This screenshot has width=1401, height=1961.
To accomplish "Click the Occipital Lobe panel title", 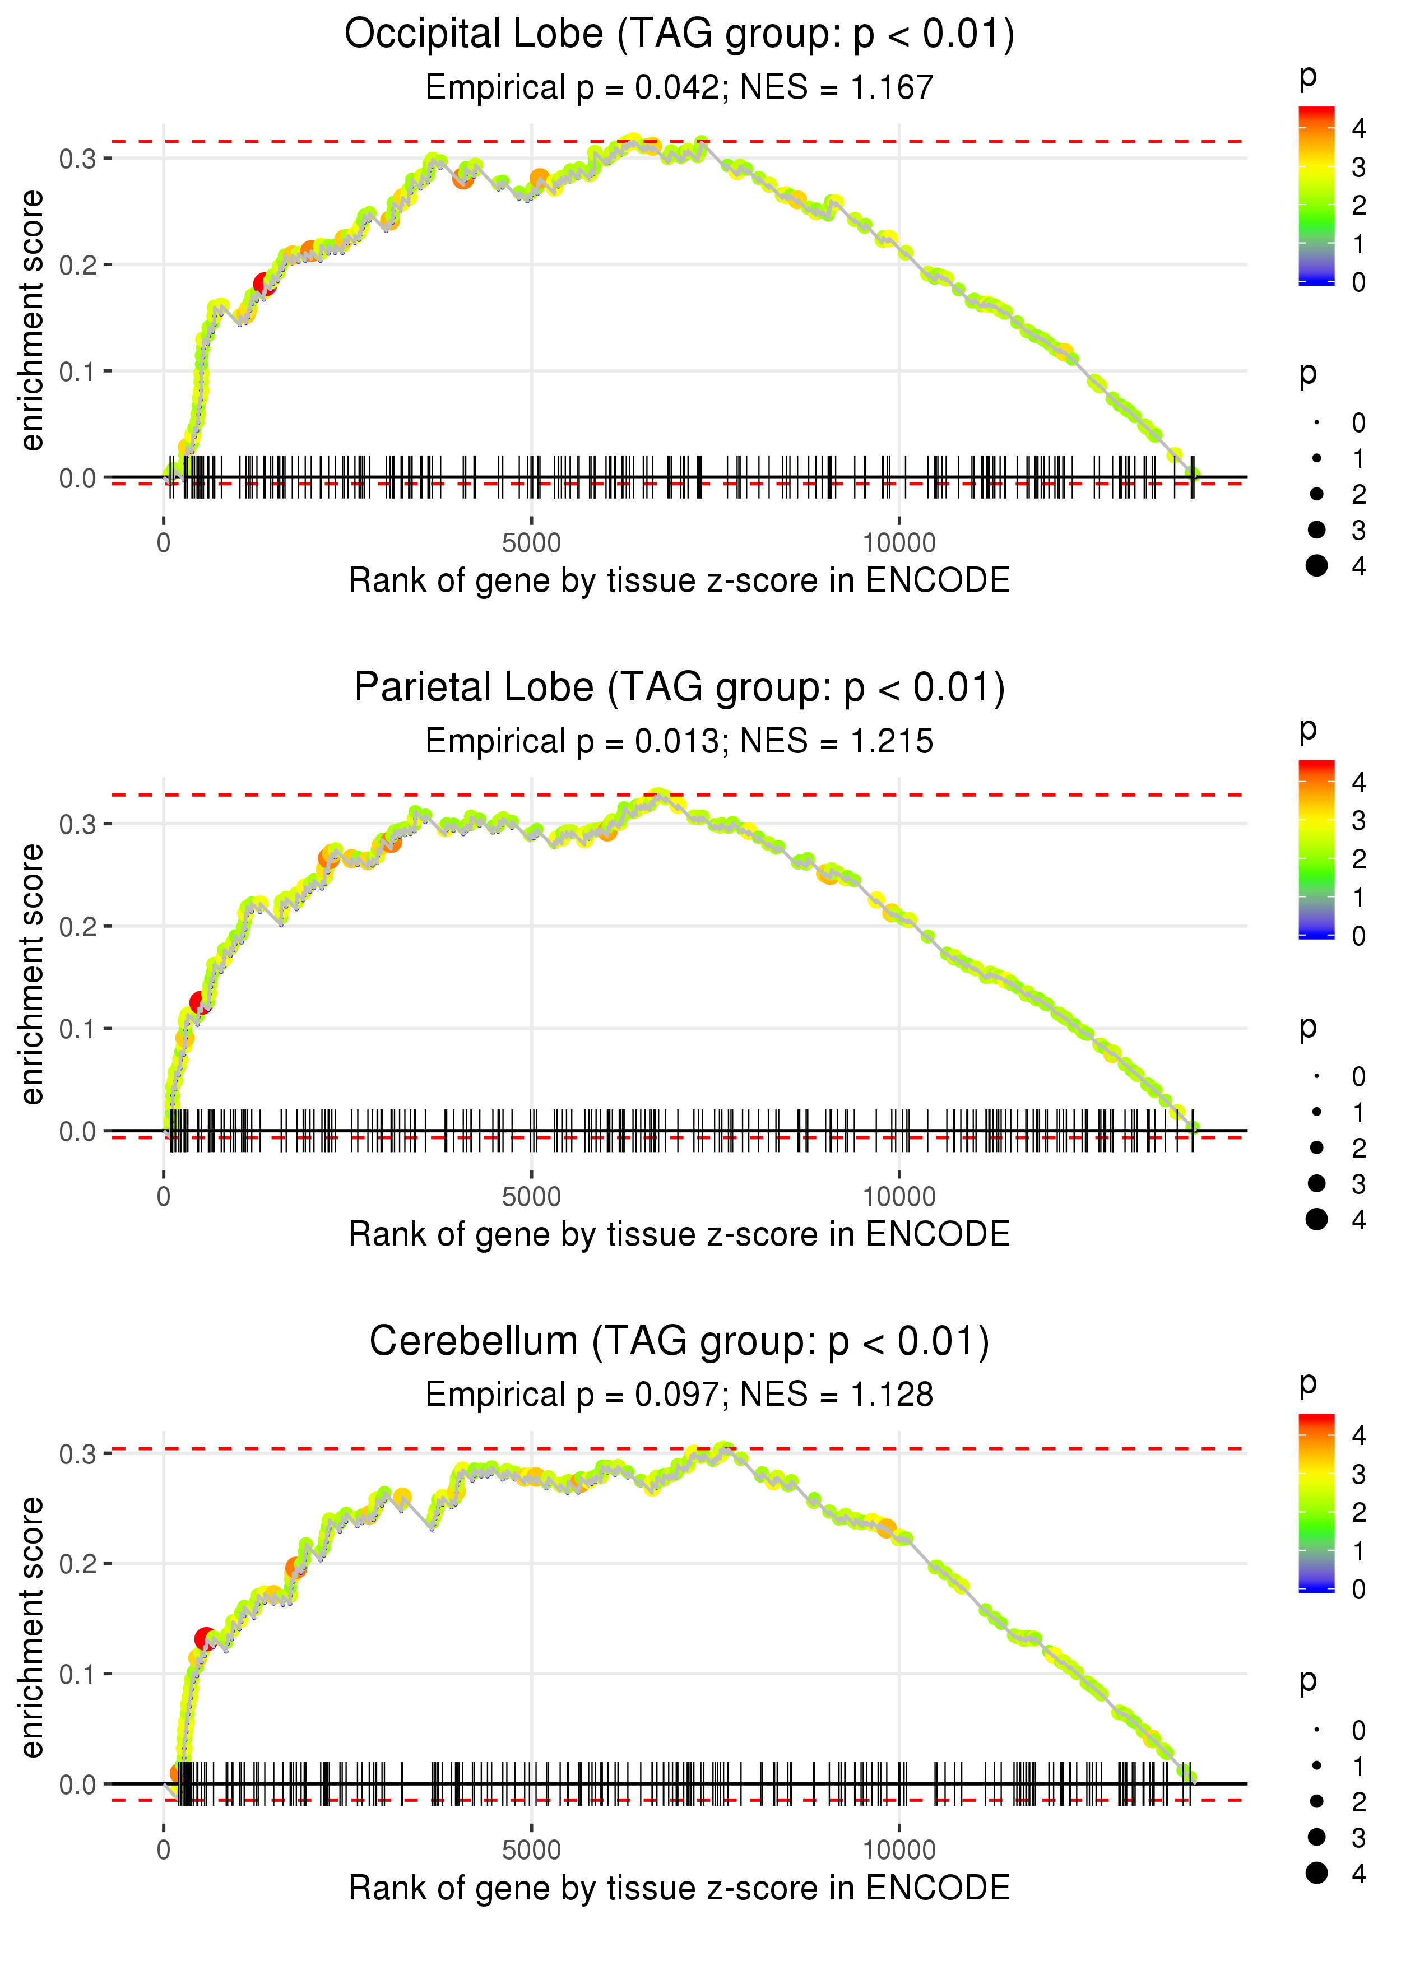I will (x=679, y=35).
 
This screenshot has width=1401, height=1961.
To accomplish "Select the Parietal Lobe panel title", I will (x=679, y=688).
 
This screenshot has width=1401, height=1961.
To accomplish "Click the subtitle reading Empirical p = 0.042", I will (x=679, y=88).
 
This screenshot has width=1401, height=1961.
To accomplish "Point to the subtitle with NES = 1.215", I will (x=679, y=742).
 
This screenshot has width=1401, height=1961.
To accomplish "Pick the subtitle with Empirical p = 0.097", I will (x=679, y=1395).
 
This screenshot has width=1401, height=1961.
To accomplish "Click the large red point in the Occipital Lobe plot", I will (x=264, y=285).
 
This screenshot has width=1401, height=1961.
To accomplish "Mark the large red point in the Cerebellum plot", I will (x=205, y=1638).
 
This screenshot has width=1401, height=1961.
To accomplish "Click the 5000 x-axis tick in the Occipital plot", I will (x=531, y=543).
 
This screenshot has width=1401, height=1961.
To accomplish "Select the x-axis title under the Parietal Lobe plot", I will (x=679, y=1235).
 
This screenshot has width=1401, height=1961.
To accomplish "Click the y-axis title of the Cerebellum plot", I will (x=32, y=1627).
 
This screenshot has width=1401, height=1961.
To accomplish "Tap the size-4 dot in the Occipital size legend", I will (x=1316, y=566).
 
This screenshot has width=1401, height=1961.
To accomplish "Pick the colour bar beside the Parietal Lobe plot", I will (x=1316, y=849).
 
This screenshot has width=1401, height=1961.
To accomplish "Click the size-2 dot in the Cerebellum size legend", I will (x=1316, y=1801).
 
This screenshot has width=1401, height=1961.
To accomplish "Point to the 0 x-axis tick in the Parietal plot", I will (x=164, y=1197).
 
